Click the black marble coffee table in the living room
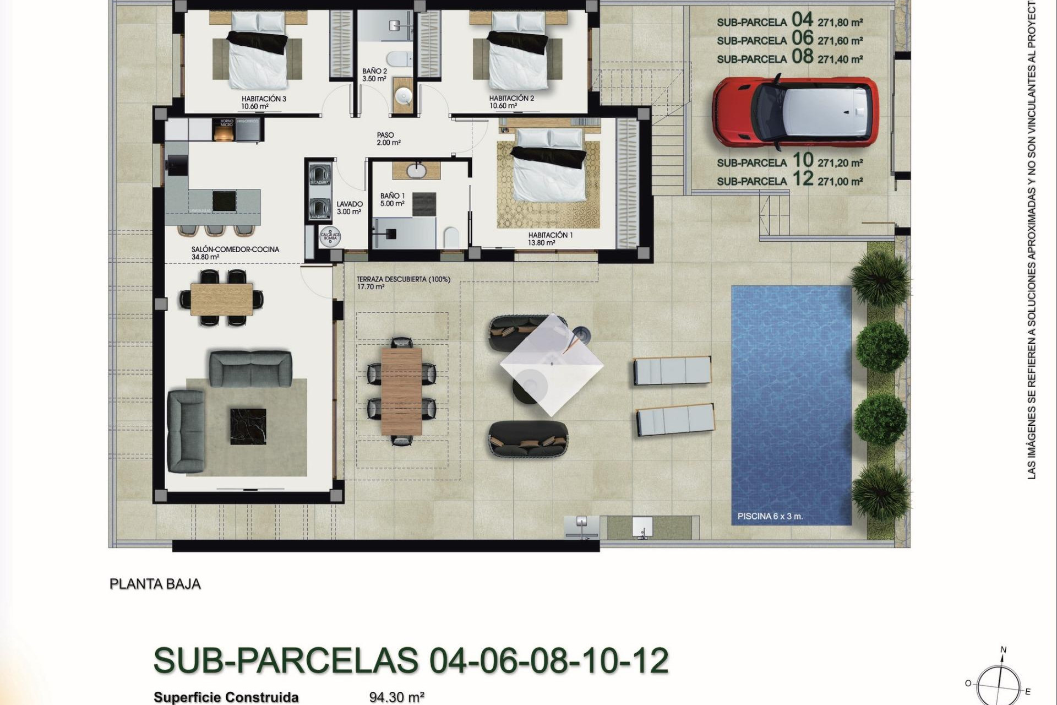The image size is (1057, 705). tap(248, 425)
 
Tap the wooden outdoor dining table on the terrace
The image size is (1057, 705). tap(401, 391)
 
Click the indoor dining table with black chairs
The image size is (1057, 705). tap(221, 298)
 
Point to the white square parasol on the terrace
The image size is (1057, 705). tap(551, 364)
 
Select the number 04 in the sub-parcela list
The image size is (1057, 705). tap(802, 20)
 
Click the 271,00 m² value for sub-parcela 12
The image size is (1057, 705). tap(840, 181)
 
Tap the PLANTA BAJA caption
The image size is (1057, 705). tap(155, 584)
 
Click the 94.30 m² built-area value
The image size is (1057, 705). tap(396, 697)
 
